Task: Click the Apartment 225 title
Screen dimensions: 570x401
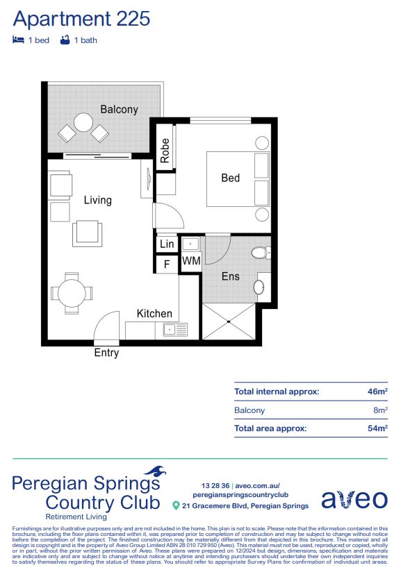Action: (81, 19)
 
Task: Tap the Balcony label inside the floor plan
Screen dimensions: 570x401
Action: (119, 109)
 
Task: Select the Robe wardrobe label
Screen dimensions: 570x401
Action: (165, 151)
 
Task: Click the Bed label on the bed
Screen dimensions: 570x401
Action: (230, 178)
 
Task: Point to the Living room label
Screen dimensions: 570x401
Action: (97, 200)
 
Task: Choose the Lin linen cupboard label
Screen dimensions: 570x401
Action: (167, 244)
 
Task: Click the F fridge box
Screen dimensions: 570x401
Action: (167, 264)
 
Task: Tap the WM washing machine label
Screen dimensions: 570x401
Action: (191, 262)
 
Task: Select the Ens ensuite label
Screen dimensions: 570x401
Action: (230, 276)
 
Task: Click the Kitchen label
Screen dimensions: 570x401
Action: (154, 314)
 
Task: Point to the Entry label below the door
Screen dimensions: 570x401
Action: (106, 353)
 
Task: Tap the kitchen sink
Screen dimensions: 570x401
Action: (171, 330)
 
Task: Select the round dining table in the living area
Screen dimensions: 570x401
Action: (72, 292)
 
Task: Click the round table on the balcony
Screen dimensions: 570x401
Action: (83, 123)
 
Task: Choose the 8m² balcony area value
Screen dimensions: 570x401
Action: (379, 410)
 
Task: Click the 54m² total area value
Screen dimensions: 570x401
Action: (377, 429)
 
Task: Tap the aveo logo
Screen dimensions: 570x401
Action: (354, 498)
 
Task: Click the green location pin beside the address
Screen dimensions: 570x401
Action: (176, 505)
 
